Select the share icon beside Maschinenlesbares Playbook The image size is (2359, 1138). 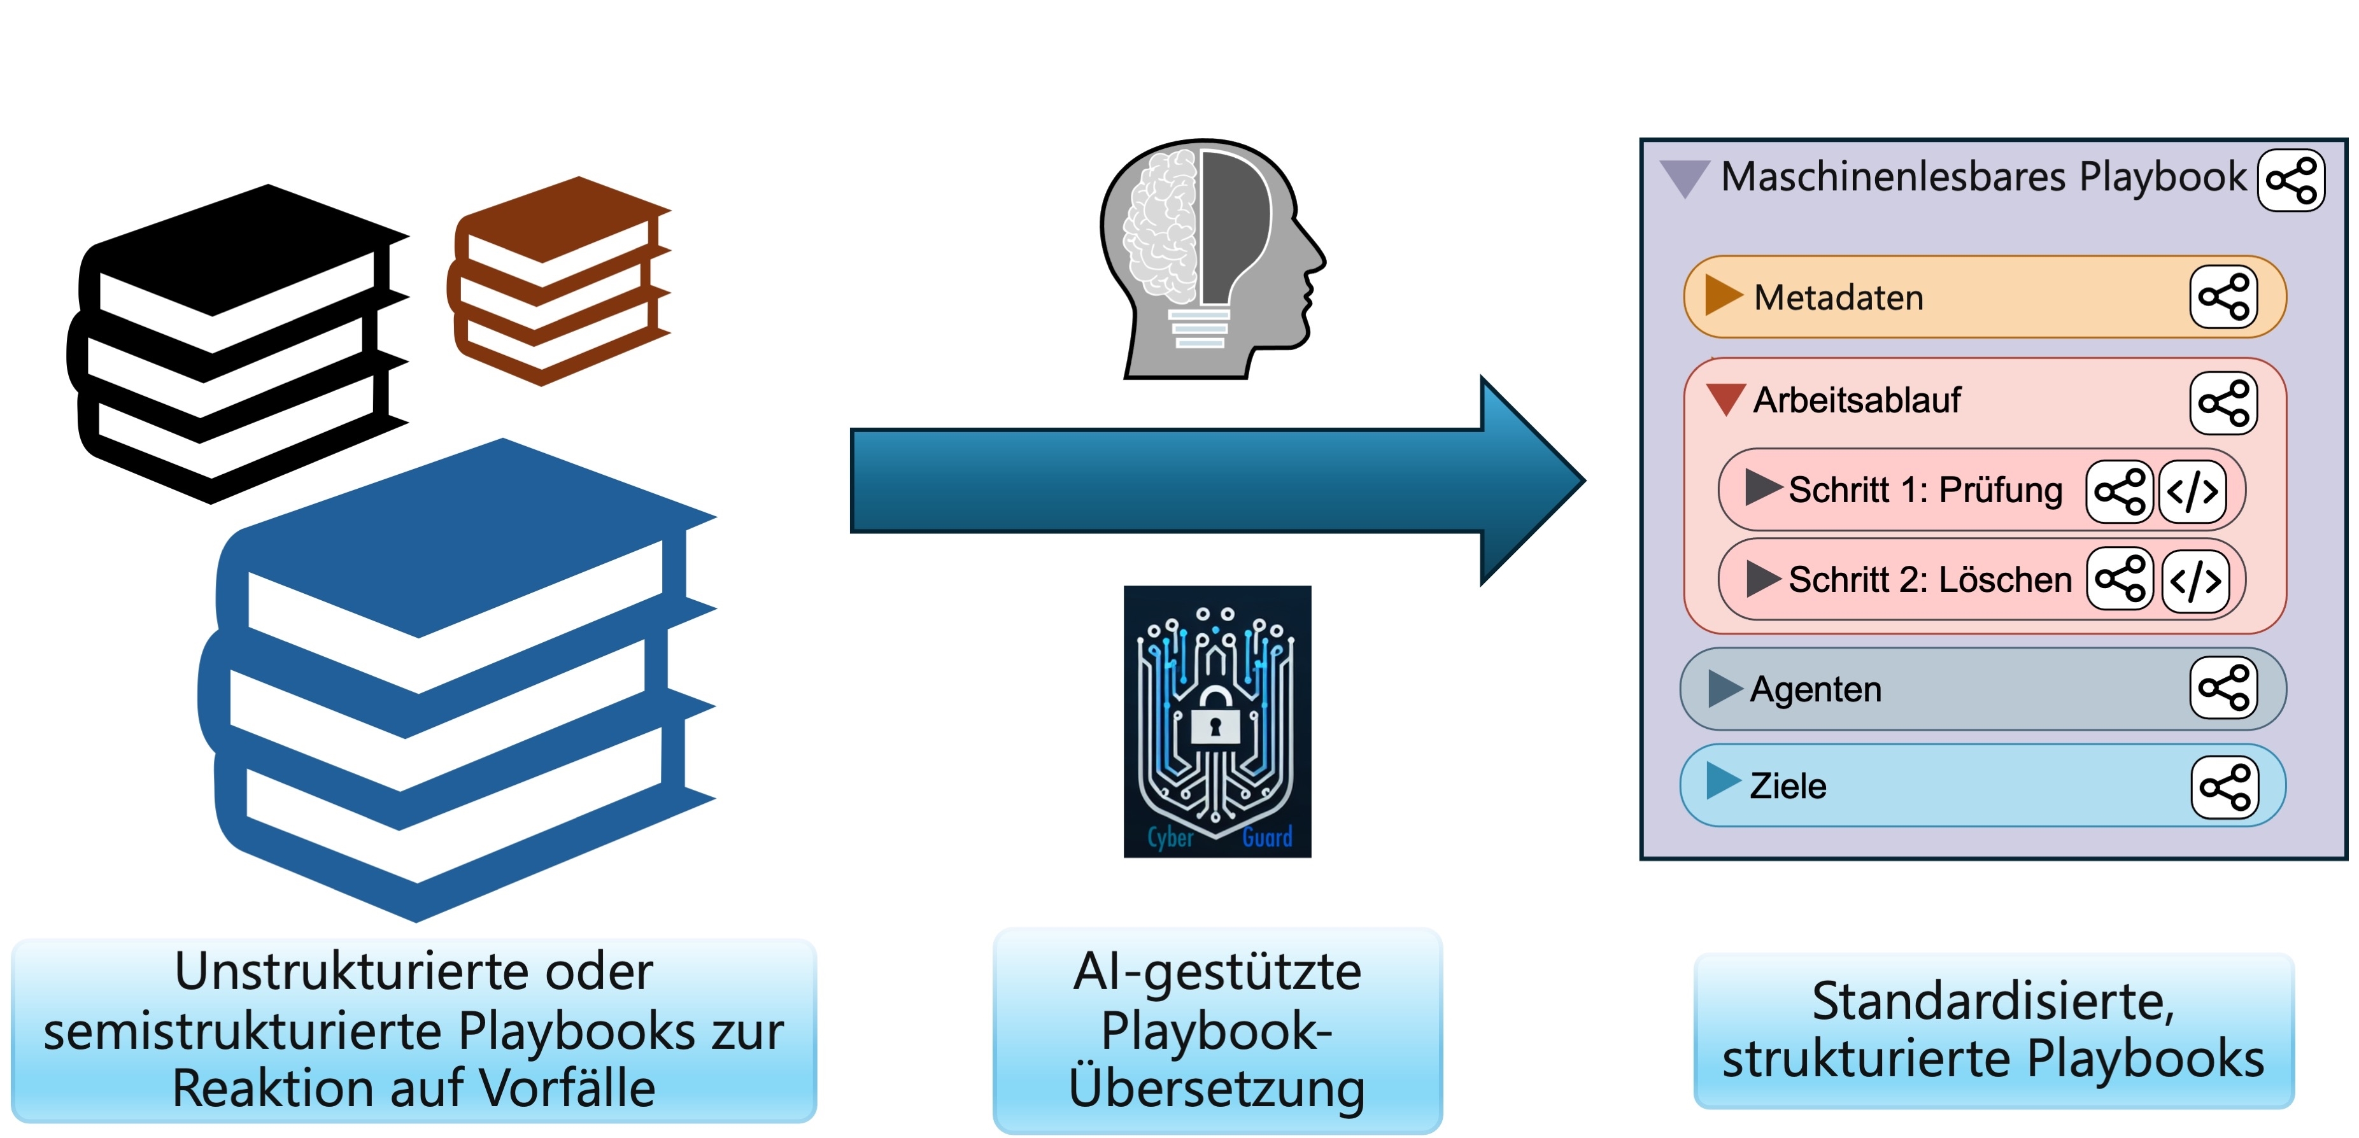pos(2292,180)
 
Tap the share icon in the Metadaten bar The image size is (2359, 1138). pos(2223,297)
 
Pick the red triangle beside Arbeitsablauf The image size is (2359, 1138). pos(1726,398)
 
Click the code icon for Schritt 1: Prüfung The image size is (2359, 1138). pos(2192,491)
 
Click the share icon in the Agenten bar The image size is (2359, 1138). pos(2223,689)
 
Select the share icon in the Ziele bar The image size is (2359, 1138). pos(2225,787)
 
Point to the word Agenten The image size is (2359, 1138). pos(1815,689)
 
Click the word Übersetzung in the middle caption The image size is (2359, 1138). pos(1216,1088)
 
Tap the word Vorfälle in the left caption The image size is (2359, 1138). pos(568,1088)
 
